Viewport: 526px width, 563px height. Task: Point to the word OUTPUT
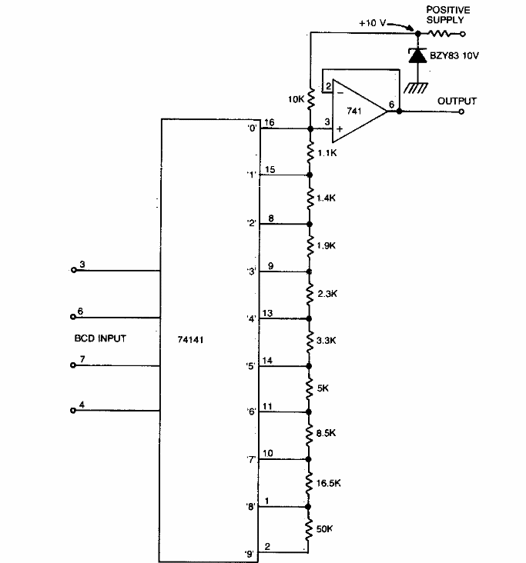(x=457, y=101)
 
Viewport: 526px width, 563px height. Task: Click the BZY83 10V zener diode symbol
(x=418, y=55)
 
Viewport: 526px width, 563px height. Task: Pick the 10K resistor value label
(x=296, y=100)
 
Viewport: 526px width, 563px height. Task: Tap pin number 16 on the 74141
(x=269, y=122)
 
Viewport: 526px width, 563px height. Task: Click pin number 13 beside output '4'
(x=269, y=312)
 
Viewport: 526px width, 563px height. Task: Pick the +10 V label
(x=374, y=25)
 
